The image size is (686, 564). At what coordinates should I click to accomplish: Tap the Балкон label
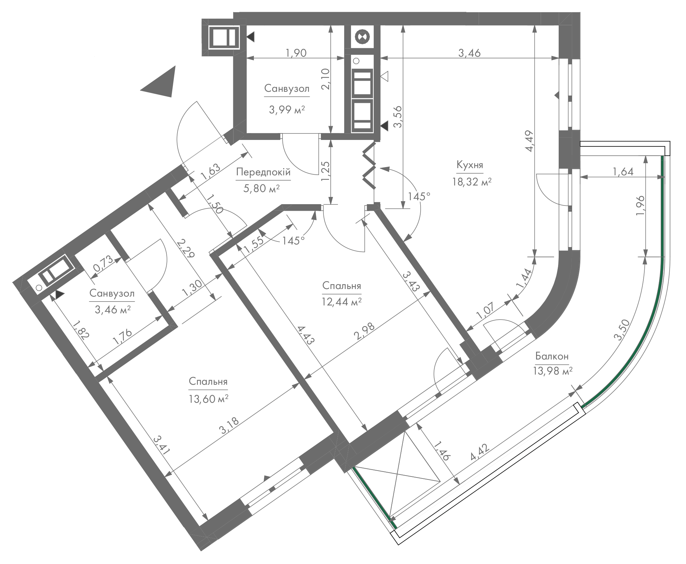coord(552,356)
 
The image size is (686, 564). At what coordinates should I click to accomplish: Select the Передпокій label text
coord(263,172)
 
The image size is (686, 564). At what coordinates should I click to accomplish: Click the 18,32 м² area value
coord(472,182)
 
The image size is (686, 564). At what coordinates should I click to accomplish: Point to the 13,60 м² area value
coord(208,399)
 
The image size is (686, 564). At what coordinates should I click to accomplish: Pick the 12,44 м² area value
coord(342,302)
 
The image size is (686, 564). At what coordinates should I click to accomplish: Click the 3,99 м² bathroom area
coord(287,109)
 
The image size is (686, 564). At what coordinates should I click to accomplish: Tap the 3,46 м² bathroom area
coord(113,309)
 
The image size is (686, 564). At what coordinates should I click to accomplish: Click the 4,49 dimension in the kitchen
coord(529,141)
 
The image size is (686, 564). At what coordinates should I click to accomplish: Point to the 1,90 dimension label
coord(296,52)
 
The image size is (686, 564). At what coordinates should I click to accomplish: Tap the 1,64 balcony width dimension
coord(622,171)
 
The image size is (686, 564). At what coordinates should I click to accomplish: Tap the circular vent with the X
coord(362,36)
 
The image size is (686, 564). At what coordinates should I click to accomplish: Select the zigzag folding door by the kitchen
coord(369,165)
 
